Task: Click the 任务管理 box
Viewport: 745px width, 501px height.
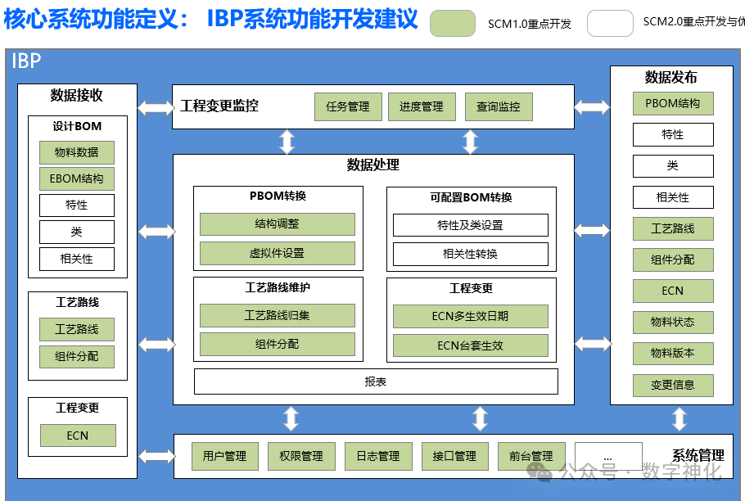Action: (348, 106)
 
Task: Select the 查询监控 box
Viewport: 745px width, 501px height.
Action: (498, 106)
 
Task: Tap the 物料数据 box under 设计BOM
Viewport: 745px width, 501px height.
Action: (77, 152)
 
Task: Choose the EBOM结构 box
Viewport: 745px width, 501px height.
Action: (77, 178)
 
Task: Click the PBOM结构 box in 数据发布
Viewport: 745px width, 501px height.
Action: (673, 103)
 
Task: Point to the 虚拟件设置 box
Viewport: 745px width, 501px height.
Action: (278, 253)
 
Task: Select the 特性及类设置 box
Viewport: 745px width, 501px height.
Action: (470, 225)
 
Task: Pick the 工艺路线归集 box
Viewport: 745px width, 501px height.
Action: (278, 315)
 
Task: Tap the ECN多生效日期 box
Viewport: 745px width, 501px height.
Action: (470, 316)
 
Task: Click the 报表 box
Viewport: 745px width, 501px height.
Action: (376, 381)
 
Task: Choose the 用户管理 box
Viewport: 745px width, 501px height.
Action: (224, 456)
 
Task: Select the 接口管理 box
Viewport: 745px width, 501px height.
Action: (454, 456)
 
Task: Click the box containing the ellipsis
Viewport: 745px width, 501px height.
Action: (607, 455)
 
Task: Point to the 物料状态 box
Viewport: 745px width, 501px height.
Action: (673, 322)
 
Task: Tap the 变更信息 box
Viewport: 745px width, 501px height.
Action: (673, 385)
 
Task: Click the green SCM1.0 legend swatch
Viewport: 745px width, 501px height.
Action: (453, 23)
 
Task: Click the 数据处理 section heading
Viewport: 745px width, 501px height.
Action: (373, 165)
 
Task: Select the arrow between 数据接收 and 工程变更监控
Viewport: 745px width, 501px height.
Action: (155, 107)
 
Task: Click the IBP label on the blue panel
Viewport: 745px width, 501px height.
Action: (26, 60)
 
